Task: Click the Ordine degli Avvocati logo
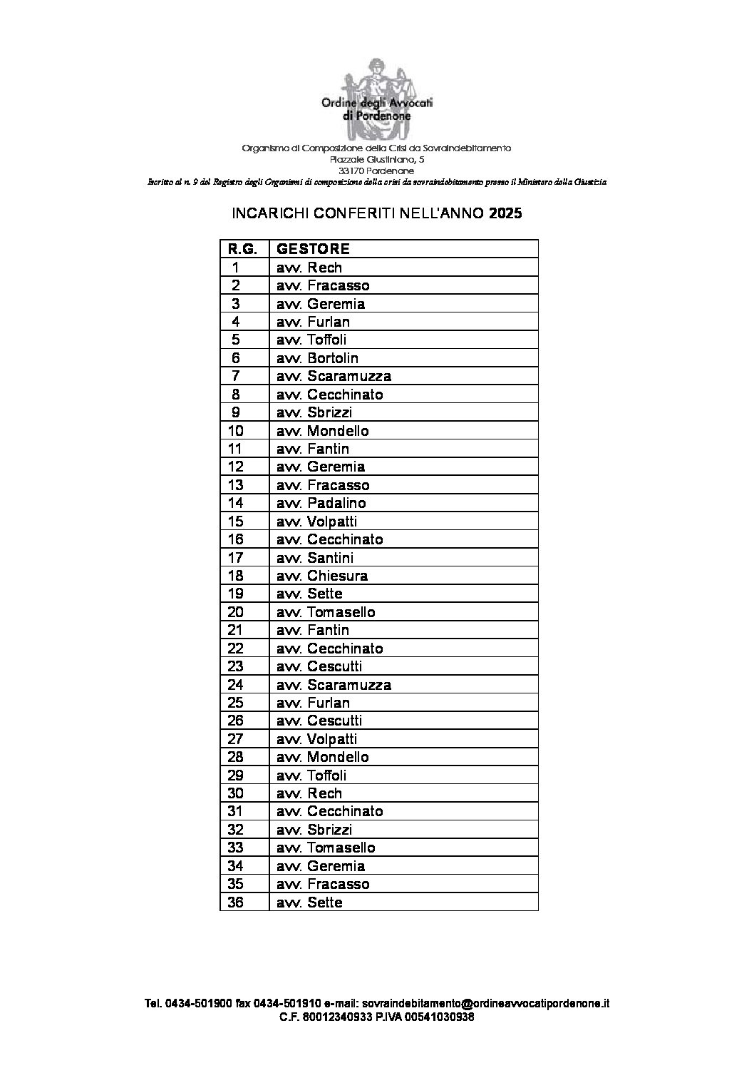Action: click(377, 107)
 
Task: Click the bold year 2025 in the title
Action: click(505, 213)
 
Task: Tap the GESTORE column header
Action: click(313, 249)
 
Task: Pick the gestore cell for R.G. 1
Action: click(309, 268)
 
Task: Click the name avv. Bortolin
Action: click(317, 358)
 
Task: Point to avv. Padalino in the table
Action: click(321, 503)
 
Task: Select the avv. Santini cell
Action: click(315, 558)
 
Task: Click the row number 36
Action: click(236, 902)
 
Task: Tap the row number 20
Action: click(236, 612)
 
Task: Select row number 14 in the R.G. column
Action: click(236, 503)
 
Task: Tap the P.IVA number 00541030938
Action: click(438, 1017)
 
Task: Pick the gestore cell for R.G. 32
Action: click(314, 830)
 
